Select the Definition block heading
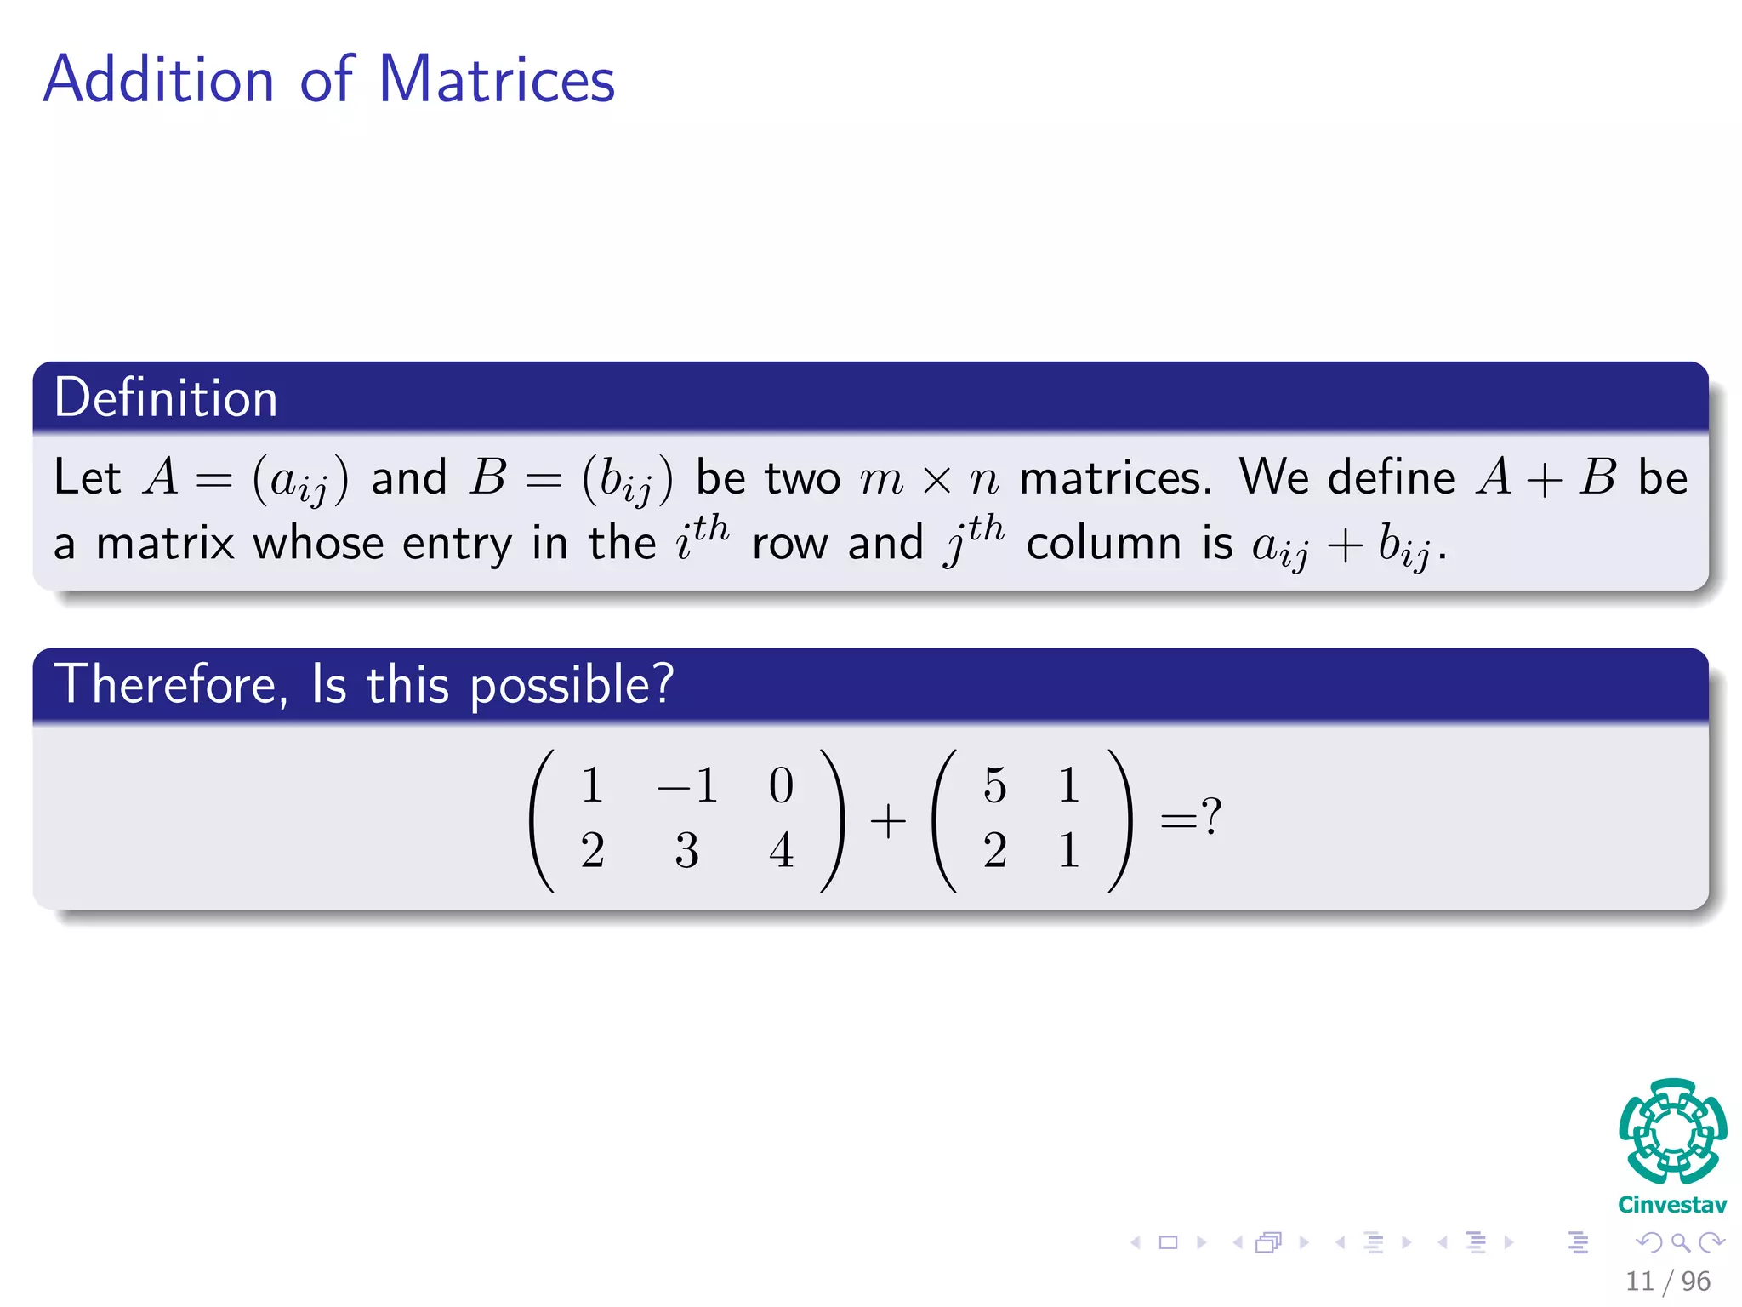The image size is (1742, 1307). [x=166, y=397]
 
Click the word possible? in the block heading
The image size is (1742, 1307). [x=572, y=686]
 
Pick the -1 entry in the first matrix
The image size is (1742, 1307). [x=688, y=785]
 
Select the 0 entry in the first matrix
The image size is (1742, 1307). [x=781, y=785]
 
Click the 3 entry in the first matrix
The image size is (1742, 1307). [x=687, y=850]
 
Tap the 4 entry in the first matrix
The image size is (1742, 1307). [x=781, y=850]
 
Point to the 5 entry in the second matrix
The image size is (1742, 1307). [x=995, y=785]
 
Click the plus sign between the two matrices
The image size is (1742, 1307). [x=888, y=821]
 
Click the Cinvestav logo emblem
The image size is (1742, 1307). [x=1672, y=1132]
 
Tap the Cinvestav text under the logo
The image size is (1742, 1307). [x=1672, y=1204]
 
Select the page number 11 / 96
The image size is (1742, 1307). [x=1667, y=1281]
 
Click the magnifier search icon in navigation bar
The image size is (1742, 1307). [x=1680, y=1242]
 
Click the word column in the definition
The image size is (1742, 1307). [x=1104, y=545]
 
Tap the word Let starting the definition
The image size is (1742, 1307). [x=88, y=477]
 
